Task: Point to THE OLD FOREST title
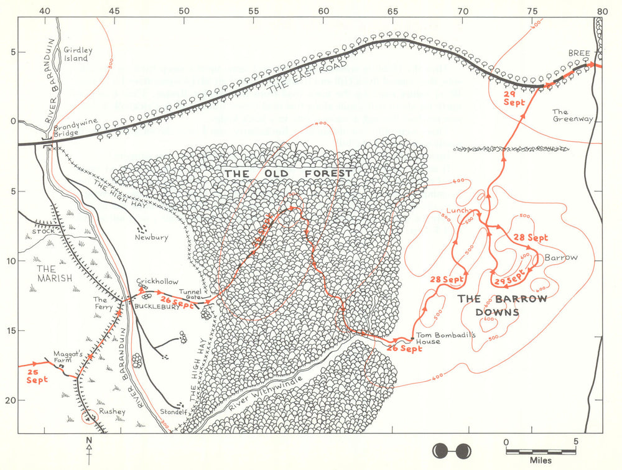289,173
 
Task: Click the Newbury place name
151,237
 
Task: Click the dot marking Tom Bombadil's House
413,338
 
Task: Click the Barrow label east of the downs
561,257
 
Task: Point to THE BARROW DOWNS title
503,305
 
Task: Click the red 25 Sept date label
37,376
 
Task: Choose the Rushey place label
112,412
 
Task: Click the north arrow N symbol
90,443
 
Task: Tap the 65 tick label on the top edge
392,11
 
